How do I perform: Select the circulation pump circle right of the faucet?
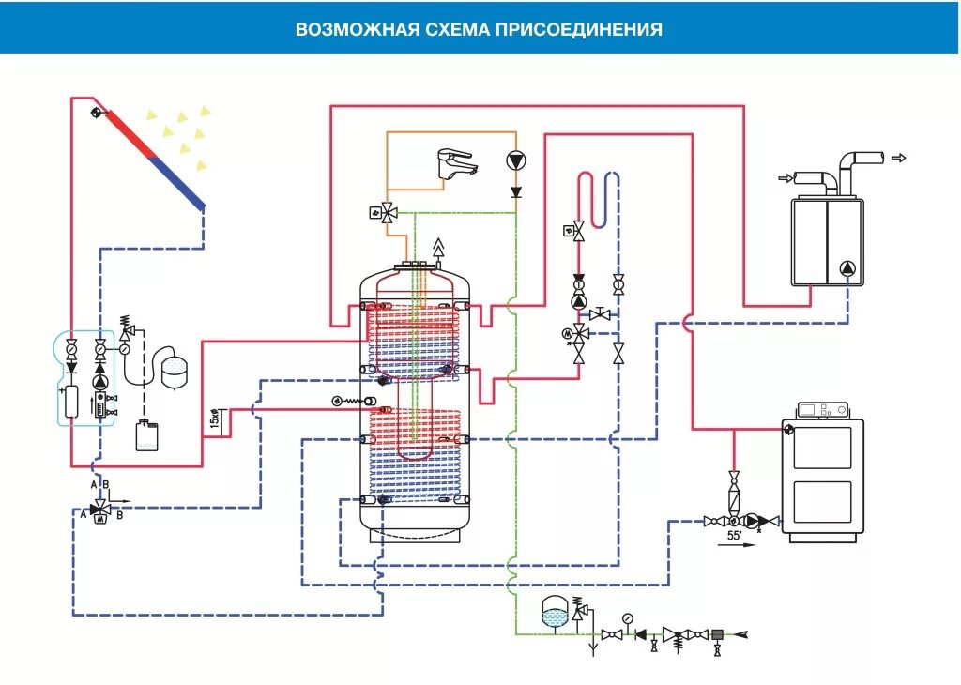coord(515,161)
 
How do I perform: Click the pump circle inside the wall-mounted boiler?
coord(847,268)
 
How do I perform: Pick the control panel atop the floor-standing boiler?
coord(821,410)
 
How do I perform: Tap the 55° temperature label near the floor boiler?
coord(736,537)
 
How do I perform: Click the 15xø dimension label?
coord(215,419)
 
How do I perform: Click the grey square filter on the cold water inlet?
coord(718,634)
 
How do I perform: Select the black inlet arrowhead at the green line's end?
coord(742,634)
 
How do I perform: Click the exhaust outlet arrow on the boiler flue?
coord(899,158)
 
